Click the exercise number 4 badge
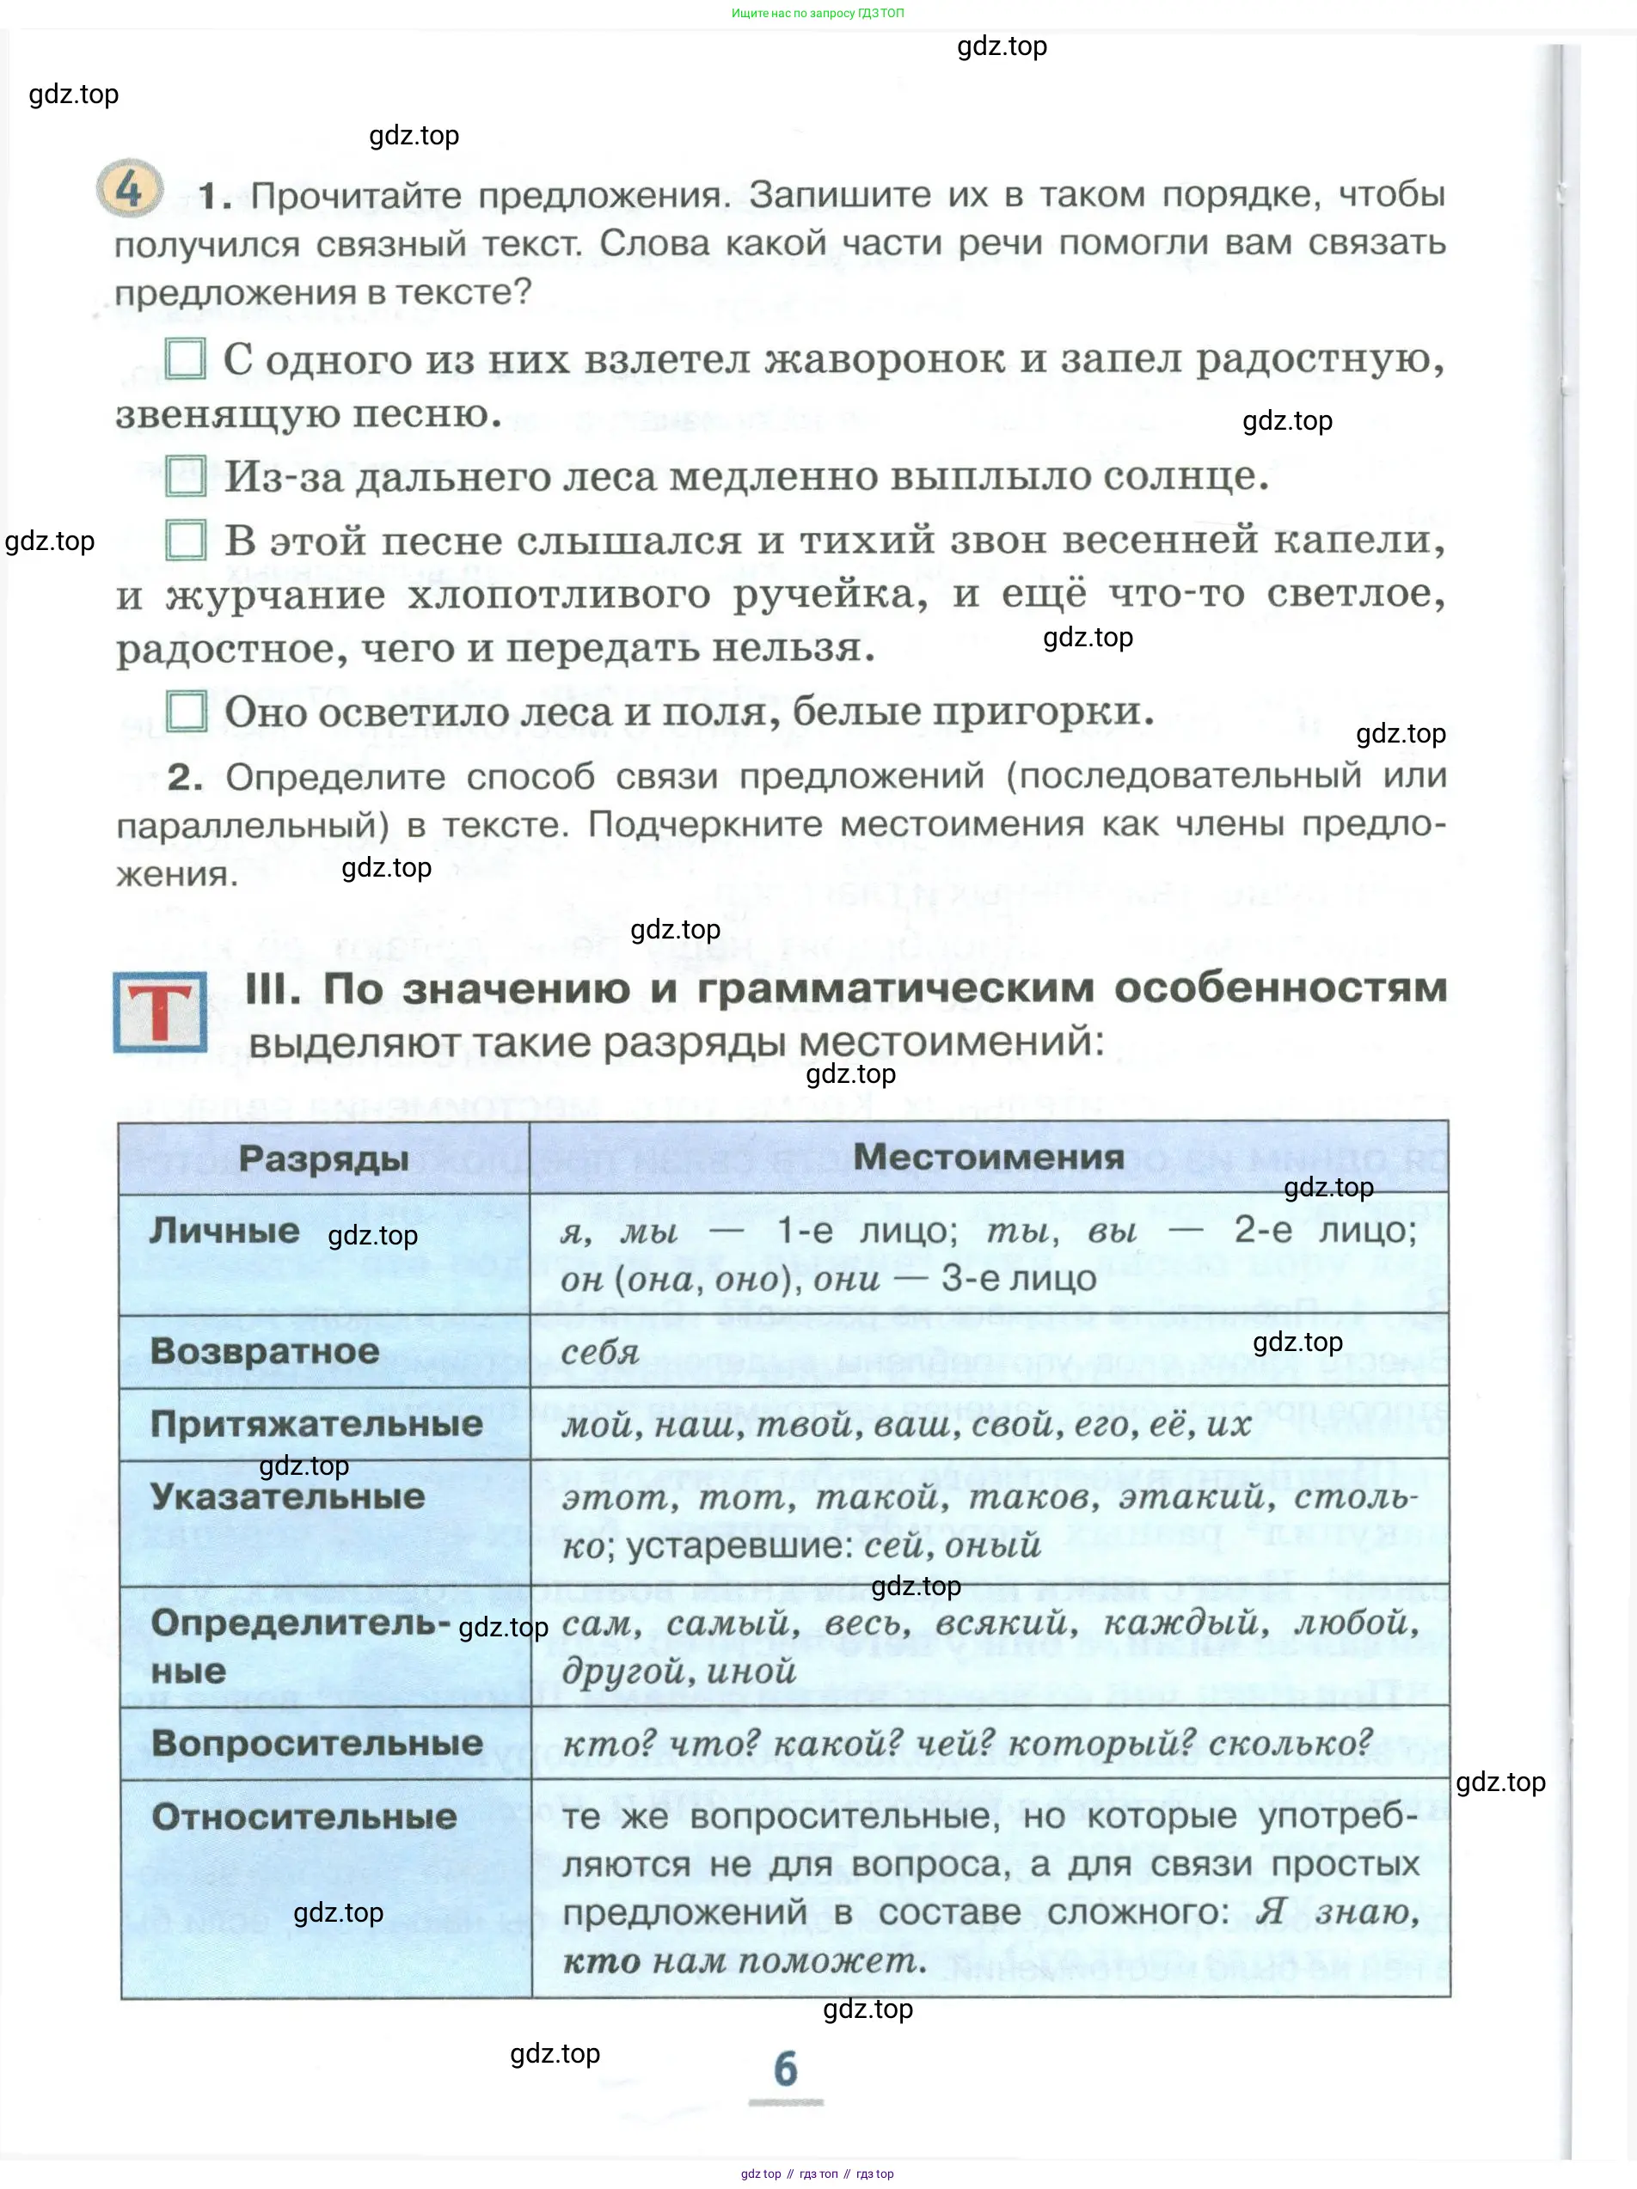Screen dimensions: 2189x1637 (129, 188)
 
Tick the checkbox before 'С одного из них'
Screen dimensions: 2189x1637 (185, 358)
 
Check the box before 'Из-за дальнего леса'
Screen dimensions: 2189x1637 (185, 476)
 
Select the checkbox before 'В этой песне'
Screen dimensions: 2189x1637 (185, 541)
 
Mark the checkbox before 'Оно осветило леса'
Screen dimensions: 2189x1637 (186, 711)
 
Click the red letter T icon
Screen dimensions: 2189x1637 (160, 1012)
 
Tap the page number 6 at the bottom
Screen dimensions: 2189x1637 (785, 2070)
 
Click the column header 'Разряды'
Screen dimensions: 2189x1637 (323, 1158)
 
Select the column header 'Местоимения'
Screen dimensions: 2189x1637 (988, 1156)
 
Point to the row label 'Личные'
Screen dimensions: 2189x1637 (224, 1230)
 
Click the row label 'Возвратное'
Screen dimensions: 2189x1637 (264, 1351)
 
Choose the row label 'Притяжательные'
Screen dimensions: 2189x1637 (316, 1424)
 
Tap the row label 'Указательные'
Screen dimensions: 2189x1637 (287, 1496)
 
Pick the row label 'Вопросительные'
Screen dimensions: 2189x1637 (316, 1743)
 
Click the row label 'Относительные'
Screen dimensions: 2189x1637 (303, 1816)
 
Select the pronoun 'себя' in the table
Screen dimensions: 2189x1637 (600, 1352)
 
